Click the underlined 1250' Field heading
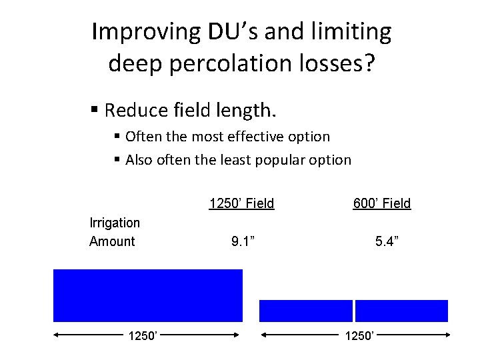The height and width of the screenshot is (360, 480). (241, 203)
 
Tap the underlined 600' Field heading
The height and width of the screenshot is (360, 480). (382, 203)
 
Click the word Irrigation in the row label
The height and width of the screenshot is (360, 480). (115, 223)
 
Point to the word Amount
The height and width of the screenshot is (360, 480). (112, 241)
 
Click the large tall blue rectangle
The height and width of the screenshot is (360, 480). (148, 295)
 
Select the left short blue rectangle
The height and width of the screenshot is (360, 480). (305, 311)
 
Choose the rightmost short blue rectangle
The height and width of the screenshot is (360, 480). (401, 311)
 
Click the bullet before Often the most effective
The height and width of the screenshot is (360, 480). (117, 137)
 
